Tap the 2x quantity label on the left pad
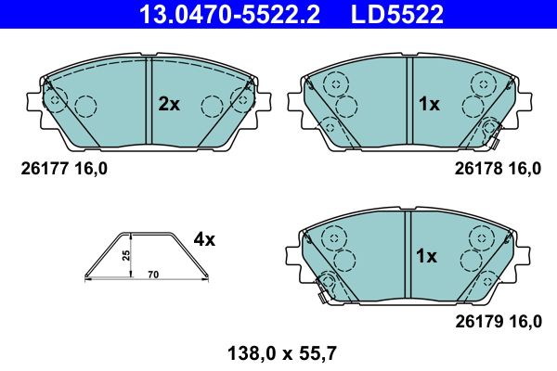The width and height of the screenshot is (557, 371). [x=168, y=105]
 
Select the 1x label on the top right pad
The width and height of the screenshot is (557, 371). [x=428, y=105]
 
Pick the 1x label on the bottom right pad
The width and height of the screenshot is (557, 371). [x=428, y=256]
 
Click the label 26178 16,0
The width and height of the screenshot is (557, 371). [x=498, y=169]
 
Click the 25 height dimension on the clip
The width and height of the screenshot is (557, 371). [x=127, y=254]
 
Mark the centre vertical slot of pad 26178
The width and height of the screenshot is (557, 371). [x=408, y=102]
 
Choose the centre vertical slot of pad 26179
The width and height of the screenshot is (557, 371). [x=408, y=253]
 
